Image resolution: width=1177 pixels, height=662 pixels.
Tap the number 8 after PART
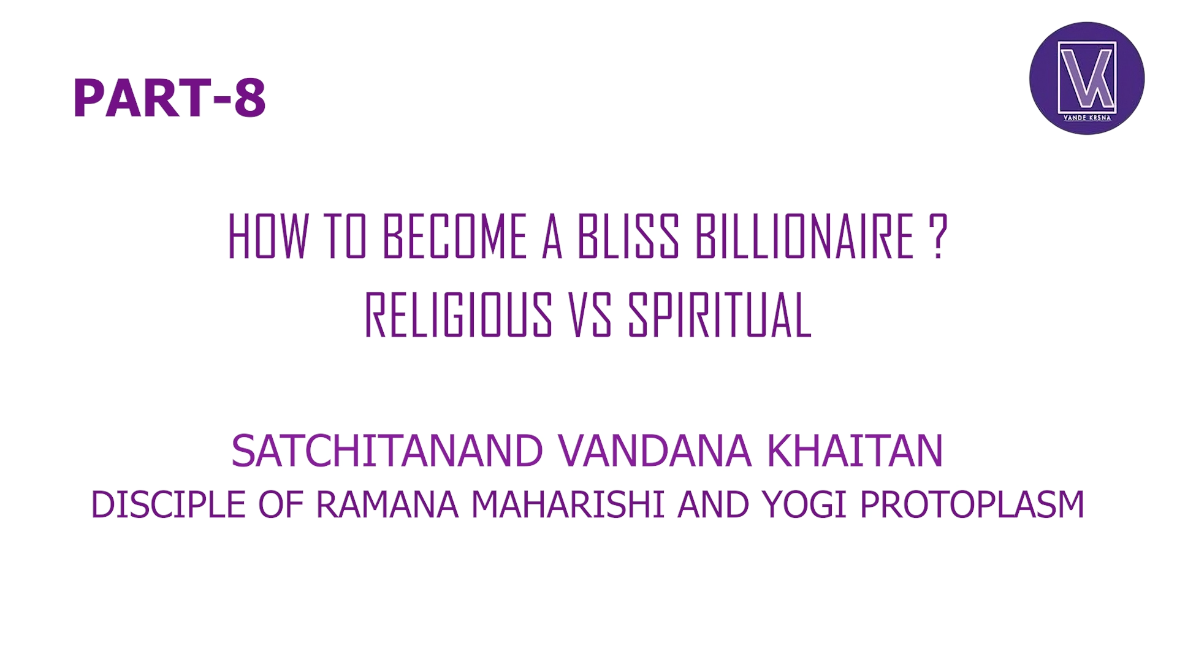click(x=250, y=98)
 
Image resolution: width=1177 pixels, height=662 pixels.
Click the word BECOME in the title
click(x=454, y=237)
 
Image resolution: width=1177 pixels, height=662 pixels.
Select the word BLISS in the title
click(x=628, y=237)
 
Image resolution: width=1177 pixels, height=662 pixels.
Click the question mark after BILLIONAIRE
click(x=938, y=237)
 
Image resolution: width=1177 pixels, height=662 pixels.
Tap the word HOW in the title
click(x=267, y=237)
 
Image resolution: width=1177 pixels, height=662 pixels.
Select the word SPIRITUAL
click(x=720, y=315)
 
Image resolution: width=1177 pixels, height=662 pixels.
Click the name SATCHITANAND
click(x=387, y=451)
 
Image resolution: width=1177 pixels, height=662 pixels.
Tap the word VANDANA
click(x=655, y=451)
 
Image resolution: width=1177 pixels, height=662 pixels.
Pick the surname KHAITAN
click(x=855, y=451)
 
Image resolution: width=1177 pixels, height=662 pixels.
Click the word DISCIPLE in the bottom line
click(x=168, y=505)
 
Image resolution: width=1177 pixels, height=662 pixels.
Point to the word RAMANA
click(x=387, y=505)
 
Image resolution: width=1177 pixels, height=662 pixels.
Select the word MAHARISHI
click(x=568, y=505)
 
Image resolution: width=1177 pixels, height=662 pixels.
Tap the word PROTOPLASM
click(x=972, y=505)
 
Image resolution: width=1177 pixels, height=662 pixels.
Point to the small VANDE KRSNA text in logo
click(x=1087, y=118)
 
